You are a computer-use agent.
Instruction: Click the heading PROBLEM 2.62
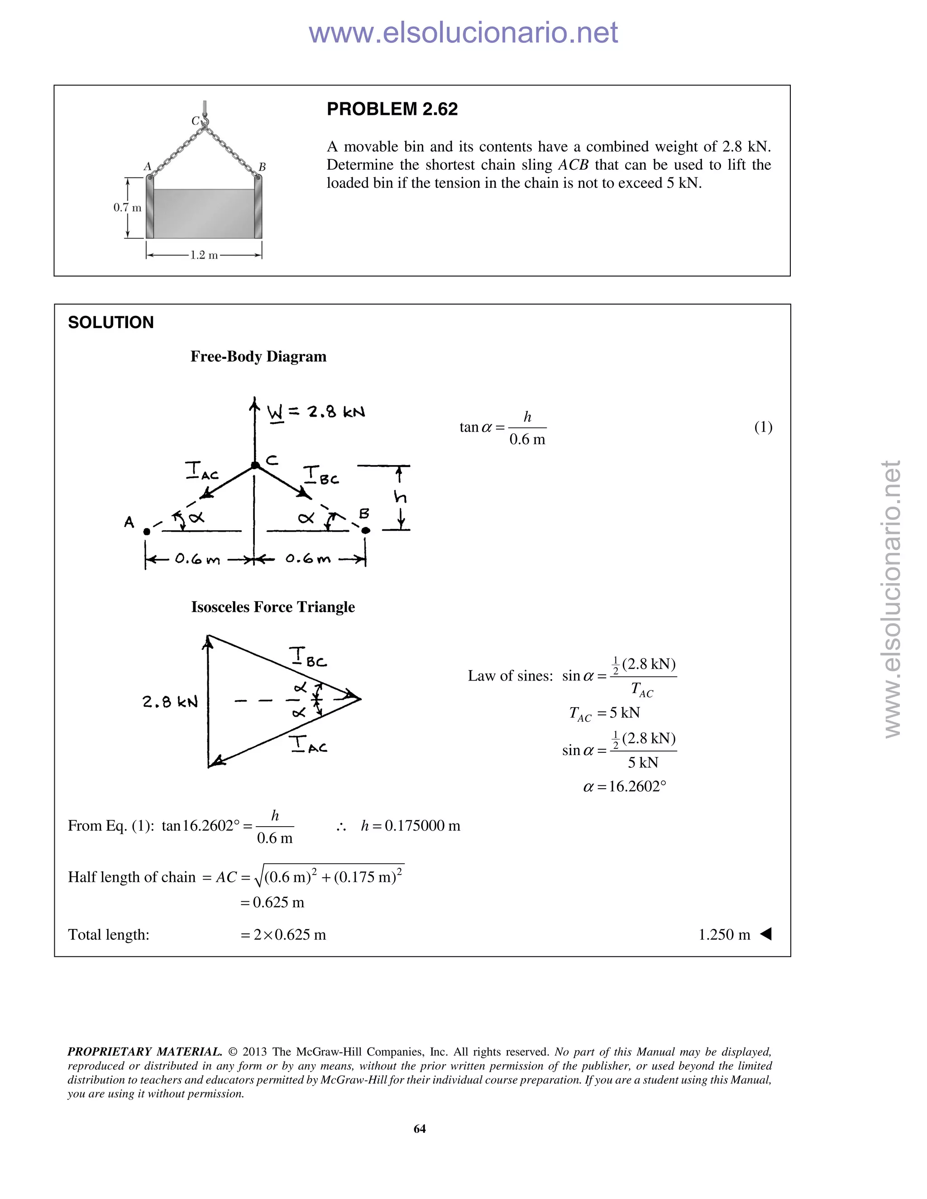click(392, 109)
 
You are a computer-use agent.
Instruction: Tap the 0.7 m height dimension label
click(127, 208)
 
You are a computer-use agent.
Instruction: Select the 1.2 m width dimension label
click(204, 255)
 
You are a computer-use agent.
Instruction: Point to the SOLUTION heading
click(111, 322)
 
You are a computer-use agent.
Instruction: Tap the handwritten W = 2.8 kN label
click(316, 412)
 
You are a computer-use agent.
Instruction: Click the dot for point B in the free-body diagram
click(366, 530)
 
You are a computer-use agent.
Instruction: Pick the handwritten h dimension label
click(400, 497)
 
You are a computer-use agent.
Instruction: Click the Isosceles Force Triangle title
click(273, 607)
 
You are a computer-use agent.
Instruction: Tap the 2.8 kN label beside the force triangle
click(170, 702)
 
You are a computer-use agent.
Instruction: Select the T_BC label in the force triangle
click(307, 658)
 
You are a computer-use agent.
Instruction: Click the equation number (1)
click(763, 427)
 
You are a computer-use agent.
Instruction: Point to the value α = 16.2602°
click(624, 787)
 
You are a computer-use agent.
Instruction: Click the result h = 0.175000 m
click(410, 826)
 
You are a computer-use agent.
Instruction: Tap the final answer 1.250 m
click(724, 935)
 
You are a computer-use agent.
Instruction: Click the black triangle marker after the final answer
click(766, 934)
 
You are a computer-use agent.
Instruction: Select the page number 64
click(420, 1128)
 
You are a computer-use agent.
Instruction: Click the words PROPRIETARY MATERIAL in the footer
click(144, 1052)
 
